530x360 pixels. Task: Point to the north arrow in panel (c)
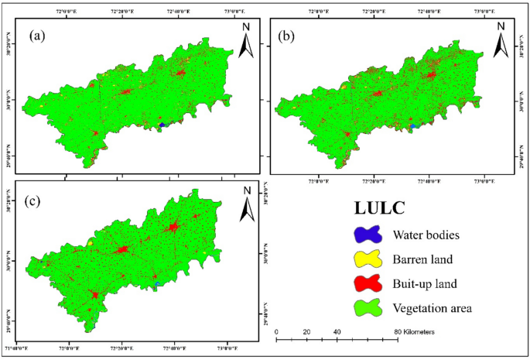point(246,204)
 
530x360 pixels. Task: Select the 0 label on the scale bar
point(277,331)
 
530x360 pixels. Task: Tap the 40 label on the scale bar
point(337,331)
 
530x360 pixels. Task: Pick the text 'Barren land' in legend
point(422,259)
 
